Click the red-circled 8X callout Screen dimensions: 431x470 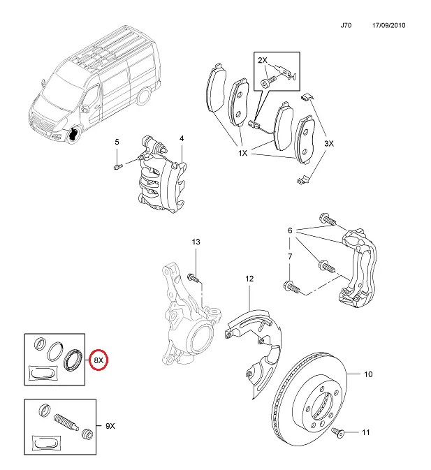98,360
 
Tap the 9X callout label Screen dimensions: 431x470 110,426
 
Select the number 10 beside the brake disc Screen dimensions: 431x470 368,374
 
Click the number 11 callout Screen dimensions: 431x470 365,432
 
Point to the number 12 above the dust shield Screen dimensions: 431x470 249,279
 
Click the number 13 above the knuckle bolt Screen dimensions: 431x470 196,242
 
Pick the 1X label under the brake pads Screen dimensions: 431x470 242,153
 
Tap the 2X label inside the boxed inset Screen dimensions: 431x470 262,60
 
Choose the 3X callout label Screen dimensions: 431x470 329,144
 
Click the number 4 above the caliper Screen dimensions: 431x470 182,138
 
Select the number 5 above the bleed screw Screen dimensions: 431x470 117,142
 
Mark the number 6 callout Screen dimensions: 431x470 290,230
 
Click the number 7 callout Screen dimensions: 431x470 290,256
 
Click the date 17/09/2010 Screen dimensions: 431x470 389,25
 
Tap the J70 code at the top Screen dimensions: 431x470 346,25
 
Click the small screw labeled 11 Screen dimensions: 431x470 338,432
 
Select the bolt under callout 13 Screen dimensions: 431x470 193,277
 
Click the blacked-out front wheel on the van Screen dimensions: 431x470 73,133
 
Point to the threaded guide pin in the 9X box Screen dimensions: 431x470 66,421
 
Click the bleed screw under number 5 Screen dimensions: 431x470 119,166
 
